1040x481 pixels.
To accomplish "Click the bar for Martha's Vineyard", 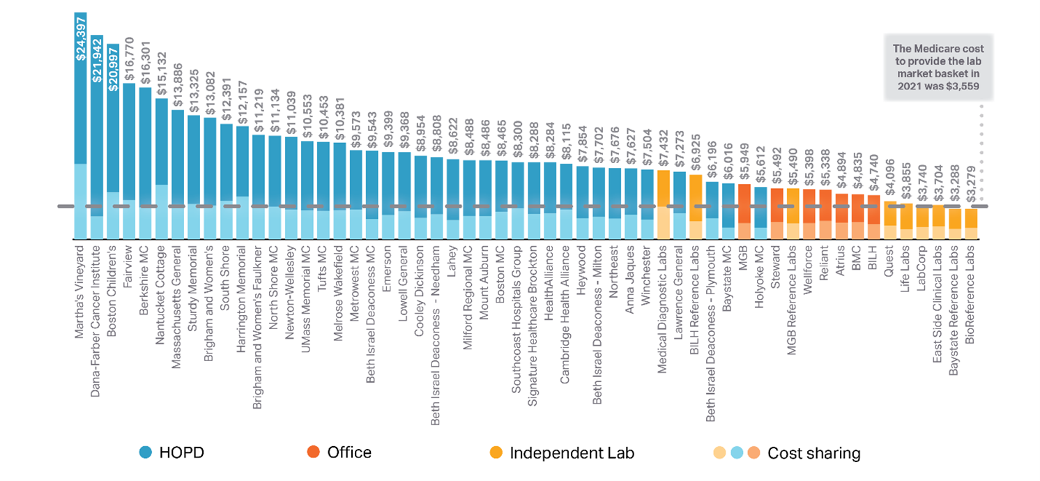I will (80, 125).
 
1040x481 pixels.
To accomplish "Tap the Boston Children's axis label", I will (113, 280).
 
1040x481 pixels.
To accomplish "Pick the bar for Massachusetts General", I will (178, 174).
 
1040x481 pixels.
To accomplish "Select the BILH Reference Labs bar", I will (696, 206).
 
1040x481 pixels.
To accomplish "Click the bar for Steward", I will (777, 213).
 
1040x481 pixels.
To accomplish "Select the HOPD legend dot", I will (146, 452).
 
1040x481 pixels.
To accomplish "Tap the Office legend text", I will (349, 452).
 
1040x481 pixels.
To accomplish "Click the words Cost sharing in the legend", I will (813, 453).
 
